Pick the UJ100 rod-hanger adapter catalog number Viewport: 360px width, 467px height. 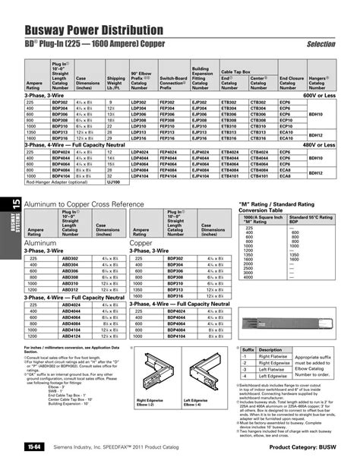click(113, 183)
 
